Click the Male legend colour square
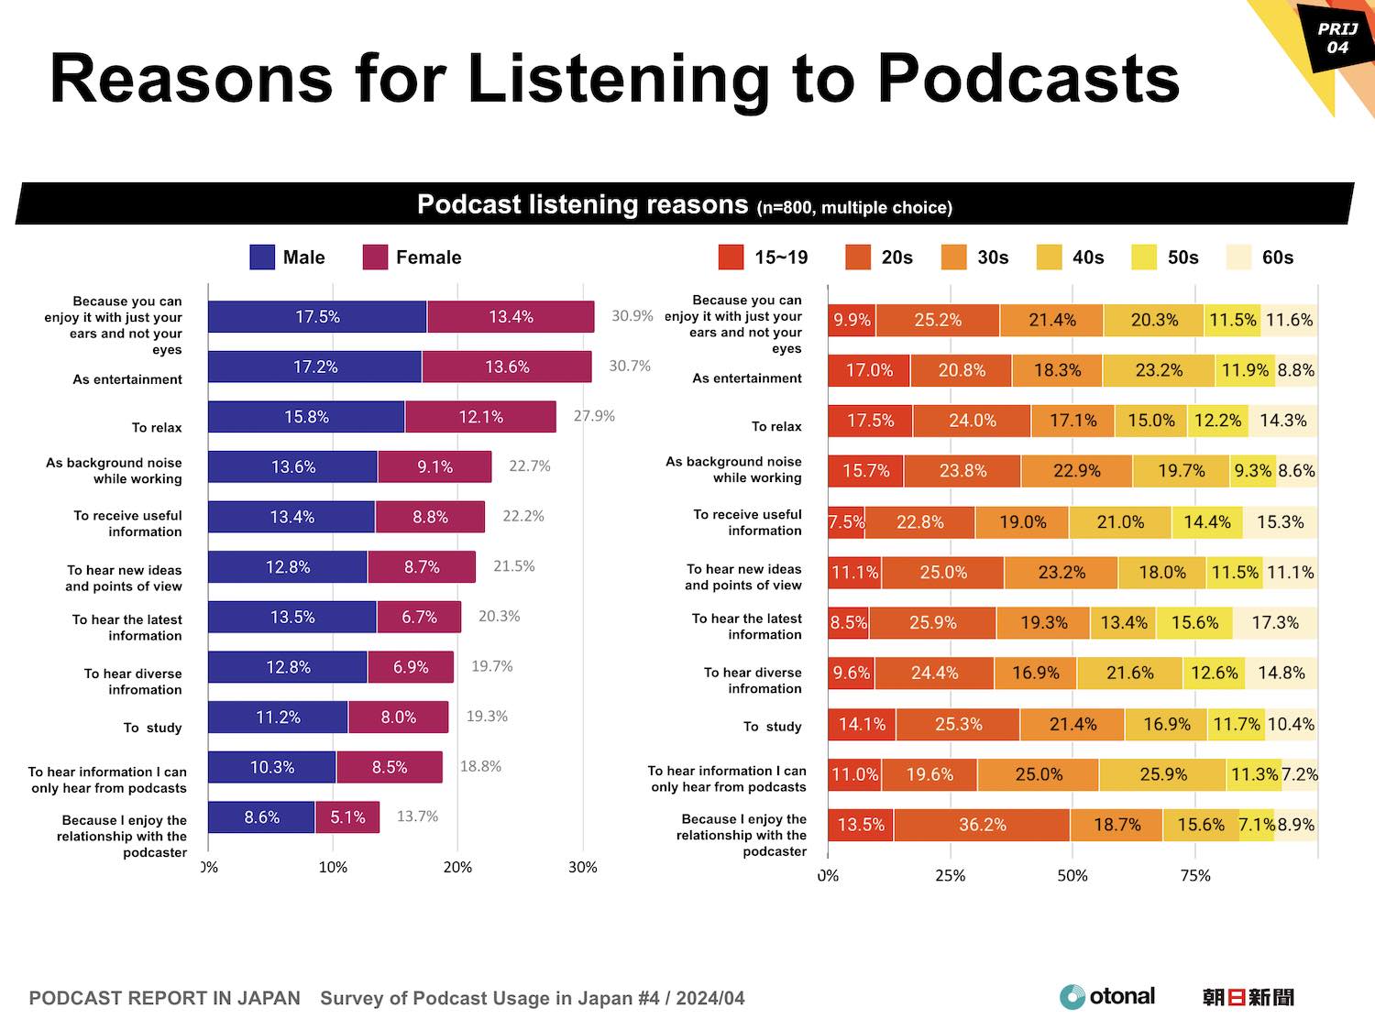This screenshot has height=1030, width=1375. tap(262, 257)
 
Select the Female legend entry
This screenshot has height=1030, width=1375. tap(412, 257)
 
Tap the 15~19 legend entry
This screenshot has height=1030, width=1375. tap(763, 257)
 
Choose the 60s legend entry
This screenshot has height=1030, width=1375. tap(1260, 257)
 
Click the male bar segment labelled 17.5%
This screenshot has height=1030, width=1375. tap(317, 317)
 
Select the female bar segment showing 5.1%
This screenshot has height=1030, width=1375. tap(347, 817)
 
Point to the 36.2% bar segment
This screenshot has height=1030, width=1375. tap(982, 825)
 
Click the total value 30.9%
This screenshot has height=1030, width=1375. tap(632, 316)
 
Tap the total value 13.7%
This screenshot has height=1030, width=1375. tap(417, 816)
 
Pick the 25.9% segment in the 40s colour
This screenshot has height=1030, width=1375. tap(1162, 774)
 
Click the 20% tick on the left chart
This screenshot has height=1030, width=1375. tap(457, 868)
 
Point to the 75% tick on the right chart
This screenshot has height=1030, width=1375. tap(1195, 876)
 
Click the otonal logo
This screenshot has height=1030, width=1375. tap(1106, 997)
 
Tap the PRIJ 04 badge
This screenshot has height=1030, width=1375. tap(1337, 38)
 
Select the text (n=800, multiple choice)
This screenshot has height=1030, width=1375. tap(854, 208)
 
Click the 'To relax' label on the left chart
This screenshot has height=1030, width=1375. tap(157, 428)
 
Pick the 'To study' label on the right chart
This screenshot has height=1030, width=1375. tap(772, 727)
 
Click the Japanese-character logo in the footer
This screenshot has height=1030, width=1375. tap(1248, 997)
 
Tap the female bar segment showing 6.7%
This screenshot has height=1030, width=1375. tap(419, 618)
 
